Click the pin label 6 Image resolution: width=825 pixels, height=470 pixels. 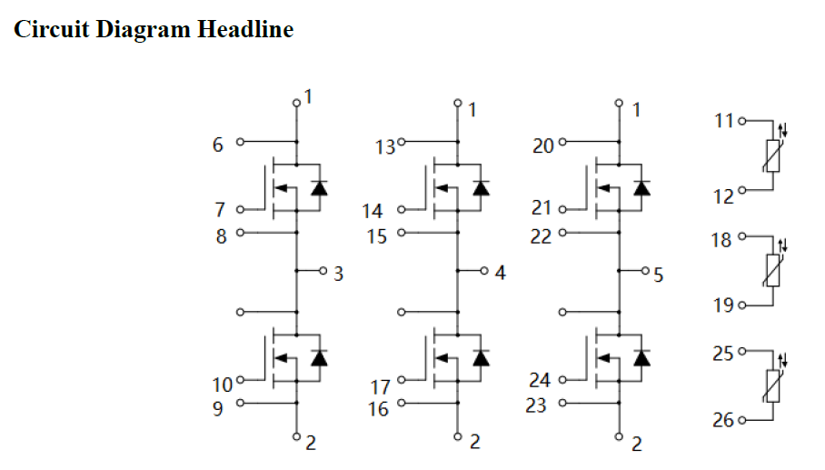(218, 144)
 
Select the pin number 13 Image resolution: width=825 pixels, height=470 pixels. (385, 146)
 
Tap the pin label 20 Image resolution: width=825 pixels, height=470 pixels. (542, 145)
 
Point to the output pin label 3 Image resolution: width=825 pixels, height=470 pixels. (338, 273)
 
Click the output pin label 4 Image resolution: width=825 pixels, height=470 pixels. (500, 272)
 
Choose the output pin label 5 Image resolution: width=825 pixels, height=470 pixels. (659, 275)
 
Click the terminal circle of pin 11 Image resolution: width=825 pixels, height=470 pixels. (742, 120)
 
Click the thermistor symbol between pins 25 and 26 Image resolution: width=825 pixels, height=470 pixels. (773, 385)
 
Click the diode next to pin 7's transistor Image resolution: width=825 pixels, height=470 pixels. (319, 188)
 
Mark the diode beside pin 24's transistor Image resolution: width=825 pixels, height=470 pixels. (643, 357)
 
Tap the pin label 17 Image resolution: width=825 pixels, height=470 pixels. (381, 387)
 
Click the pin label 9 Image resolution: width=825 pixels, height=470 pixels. (218, 408)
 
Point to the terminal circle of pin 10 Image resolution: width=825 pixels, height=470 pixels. (241, 379)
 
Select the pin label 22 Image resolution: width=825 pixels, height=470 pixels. (542, 235)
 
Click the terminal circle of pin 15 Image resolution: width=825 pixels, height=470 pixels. (401, 233)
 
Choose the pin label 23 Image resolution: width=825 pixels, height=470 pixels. (537, 405)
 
